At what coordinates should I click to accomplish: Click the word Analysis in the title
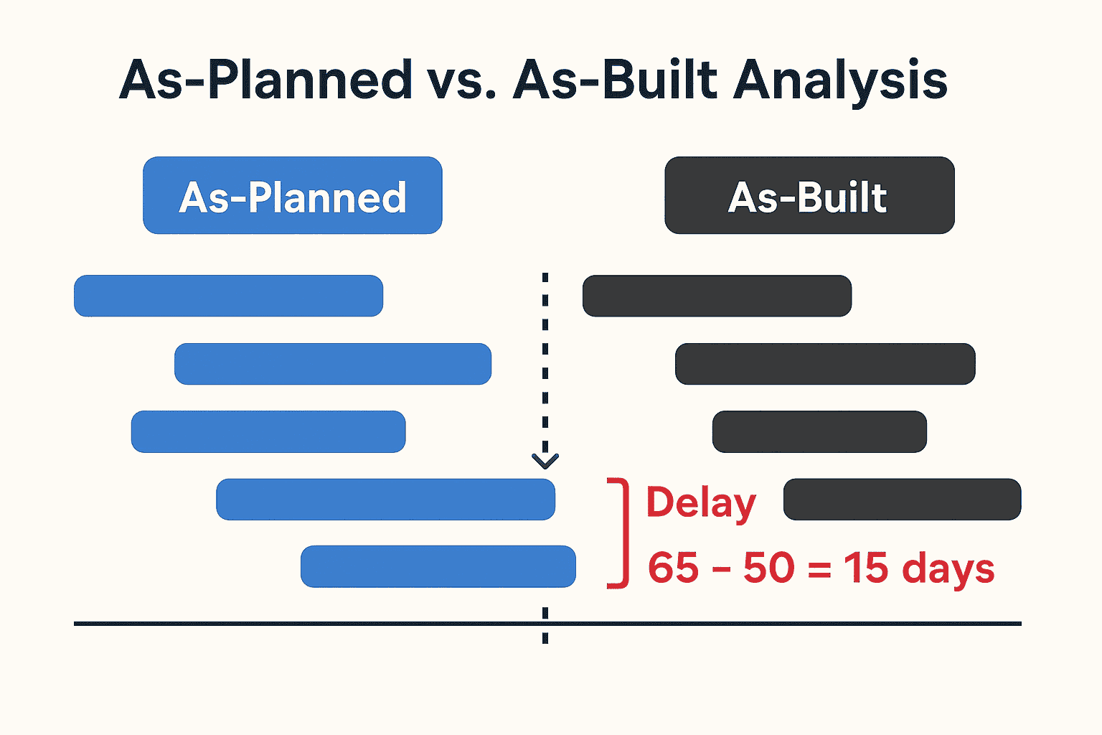tap(840, 80)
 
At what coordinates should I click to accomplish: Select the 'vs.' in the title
tap(463, 80)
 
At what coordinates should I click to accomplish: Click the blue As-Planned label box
tap(293, 196)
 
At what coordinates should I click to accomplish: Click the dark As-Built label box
tap(809, 196)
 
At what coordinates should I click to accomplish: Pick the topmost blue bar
tap(228, 296)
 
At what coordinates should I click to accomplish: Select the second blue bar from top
tap(333, 364)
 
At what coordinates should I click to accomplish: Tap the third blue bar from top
tap(268, 431)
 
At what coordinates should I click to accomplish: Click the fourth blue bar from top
tap(385, 499)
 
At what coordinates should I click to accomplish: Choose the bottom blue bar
tap(438, 566)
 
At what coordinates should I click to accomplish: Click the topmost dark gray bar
tap(717, 296)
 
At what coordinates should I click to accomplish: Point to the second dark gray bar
tap(825, 364)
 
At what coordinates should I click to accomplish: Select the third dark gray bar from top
tap(819, 431)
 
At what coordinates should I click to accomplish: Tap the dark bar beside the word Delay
tap(902, 499)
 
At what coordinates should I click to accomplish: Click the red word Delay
tap(701, 502)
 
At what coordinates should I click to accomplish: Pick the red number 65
tap(673, 568)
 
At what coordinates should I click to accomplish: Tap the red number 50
tap(769, 568)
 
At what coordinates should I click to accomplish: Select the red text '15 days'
tap(918, 568)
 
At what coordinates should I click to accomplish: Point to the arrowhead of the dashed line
tap(545, 460)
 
